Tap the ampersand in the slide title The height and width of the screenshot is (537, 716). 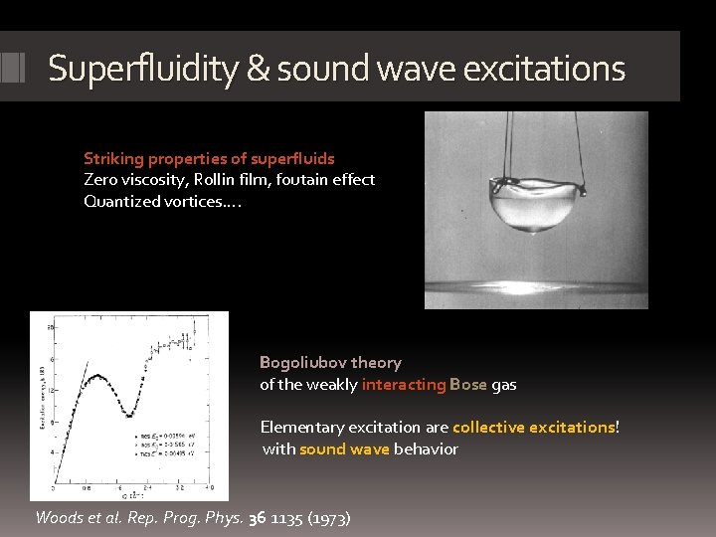click(x=258, y=69)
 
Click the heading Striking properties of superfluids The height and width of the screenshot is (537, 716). click(x=209, y=158)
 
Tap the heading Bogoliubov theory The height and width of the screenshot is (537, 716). click(x=330, y=363)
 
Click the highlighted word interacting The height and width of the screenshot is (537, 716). click(x=404, y=385)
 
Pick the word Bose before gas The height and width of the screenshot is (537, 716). click(x=468, y=385)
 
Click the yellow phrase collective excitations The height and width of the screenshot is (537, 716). click(x=534, y=427)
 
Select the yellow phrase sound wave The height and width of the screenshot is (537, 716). click(x=344, y=448)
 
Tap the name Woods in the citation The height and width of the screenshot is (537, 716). click(x=59, y=517)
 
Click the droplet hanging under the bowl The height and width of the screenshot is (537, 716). click(x=537, y=233)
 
